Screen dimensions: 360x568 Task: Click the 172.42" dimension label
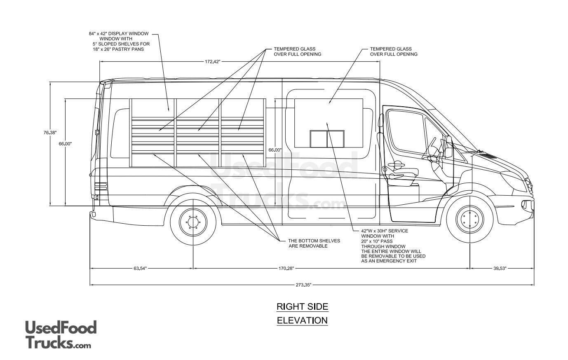(x=213, y=62)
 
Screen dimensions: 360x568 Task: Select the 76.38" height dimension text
(x=50, y=133)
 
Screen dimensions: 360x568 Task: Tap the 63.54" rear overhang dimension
(x=140, y=269)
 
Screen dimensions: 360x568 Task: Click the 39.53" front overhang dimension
(x=500, y=269)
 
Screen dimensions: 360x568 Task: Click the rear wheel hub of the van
(x=192, y=222)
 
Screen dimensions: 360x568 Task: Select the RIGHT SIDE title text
(x=302, y=306)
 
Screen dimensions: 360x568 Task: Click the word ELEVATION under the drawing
(x=302, y=320)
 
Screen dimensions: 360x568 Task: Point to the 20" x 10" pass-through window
(x=327, y=139)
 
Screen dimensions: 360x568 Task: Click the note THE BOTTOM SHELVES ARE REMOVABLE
(x=314, y=243)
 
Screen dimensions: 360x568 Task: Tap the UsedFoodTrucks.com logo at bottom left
(x=61, y=334)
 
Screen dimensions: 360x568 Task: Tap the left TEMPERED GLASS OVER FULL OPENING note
(x=297, y=51)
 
